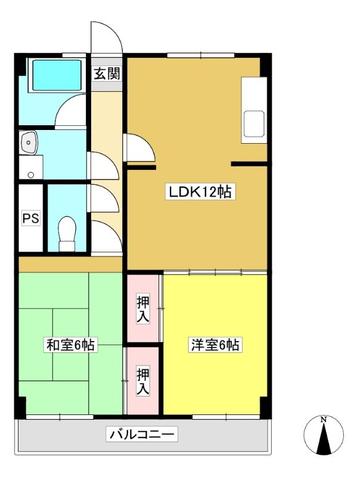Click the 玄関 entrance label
(107, 73)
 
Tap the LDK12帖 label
(200, 191)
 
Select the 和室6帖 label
(70, 345)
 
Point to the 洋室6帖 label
(215, 345)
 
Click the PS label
(31, 218)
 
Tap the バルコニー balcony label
(142, 434)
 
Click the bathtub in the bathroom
(57, 75)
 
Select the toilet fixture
(67, 234)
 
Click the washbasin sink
(29, 143)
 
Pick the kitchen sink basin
(254, 124)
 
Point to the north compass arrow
(324, 438)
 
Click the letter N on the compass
(324, 420)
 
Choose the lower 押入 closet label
(143, 382)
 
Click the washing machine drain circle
(31, 175)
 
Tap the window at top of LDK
(201, 55)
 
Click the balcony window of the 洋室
(226, 417)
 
